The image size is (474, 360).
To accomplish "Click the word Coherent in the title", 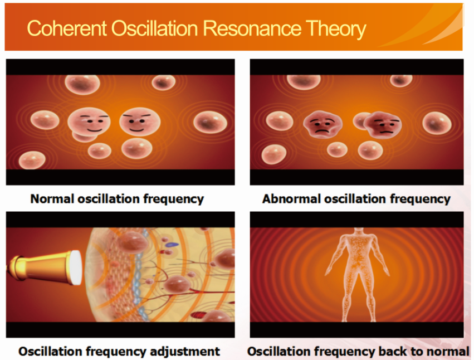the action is pos(67,29).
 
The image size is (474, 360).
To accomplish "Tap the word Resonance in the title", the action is pos(252,29).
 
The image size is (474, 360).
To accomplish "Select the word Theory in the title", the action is pos(336,30).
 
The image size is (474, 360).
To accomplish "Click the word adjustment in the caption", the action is pos(185,352).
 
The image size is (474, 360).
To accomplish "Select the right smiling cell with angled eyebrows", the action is pos(140,121).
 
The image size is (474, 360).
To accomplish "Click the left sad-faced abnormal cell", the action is pos(322,124).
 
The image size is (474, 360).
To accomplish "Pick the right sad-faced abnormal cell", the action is pos(383,124).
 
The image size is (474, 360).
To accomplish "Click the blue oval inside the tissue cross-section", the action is pos(173,245).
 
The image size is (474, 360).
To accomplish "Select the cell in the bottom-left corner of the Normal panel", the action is pos(32,160).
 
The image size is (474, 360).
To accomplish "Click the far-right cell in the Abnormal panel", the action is pos(437,123).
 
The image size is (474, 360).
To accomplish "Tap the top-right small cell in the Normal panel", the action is pos(164,82).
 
